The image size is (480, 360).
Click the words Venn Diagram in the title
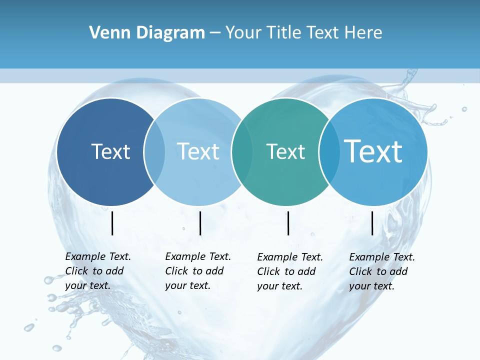coord(147,33)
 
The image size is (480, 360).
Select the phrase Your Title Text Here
coord(303,33)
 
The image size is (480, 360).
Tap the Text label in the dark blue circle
coord(110,151)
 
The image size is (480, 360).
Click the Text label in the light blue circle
coord(198,151)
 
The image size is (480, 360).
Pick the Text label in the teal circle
coord(285,151)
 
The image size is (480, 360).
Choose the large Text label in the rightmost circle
coord(373,151)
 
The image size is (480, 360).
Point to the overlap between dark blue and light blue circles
coord(154,152)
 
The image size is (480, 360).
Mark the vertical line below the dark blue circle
coord(112,223)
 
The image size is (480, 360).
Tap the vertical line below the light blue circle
coord(200,223)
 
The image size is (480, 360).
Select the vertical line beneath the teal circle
coord(288,223)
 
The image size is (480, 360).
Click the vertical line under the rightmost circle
coord(372,223)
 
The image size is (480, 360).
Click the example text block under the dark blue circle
coord(98,271)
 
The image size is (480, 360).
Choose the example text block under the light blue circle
coord(198,271)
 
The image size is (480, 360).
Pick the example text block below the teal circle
coord(290,271)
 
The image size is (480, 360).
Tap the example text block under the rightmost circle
coord(382,271)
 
